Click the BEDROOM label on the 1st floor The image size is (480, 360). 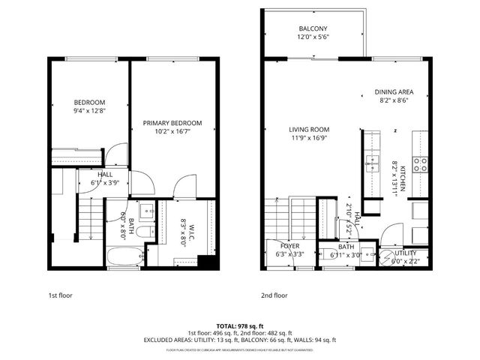pos(89,102)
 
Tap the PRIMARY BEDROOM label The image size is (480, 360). pos(173,123)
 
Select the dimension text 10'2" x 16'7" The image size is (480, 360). pos(173,133)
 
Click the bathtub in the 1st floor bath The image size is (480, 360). pos(124,256)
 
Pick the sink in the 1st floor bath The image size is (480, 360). pos(146,209)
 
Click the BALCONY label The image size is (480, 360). pos(313,28)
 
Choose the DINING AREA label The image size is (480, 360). pos(394,93)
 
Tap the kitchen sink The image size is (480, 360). pos(370,160)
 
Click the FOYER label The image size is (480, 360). pos(289,246)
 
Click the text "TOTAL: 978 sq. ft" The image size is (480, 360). pos(239,325)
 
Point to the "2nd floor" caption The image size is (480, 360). pos(274,295)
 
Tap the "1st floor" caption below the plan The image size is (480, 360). pos(61,295)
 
